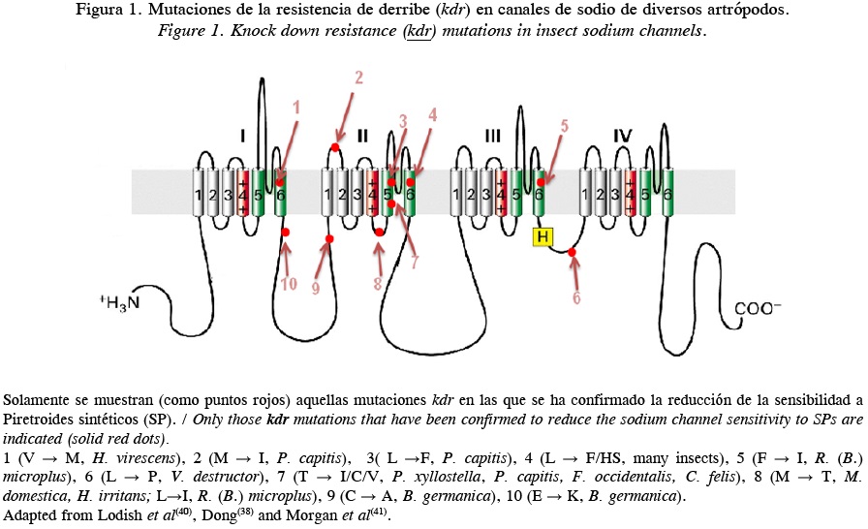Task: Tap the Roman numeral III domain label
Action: pyautogui.click(x=492, y=134)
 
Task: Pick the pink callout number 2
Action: pyautogui.click(x=357, y=77)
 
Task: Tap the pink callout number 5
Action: pyautogui.click(x=564, y=126)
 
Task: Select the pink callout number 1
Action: pyautogui.click(x=296, y=106)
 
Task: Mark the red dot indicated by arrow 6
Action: pyautogui.click(x=573, y=253)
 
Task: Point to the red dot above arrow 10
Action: pyautogui.click(x=286, y=233)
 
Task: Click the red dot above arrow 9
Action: pyautogui.click(x=329, y=238)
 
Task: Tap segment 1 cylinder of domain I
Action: pyautogui.click(x=199, y=192)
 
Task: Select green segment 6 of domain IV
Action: pyautogui.click(x=667, y=192)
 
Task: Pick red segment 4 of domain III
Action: pyautogui.click(x=501, y=192)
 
